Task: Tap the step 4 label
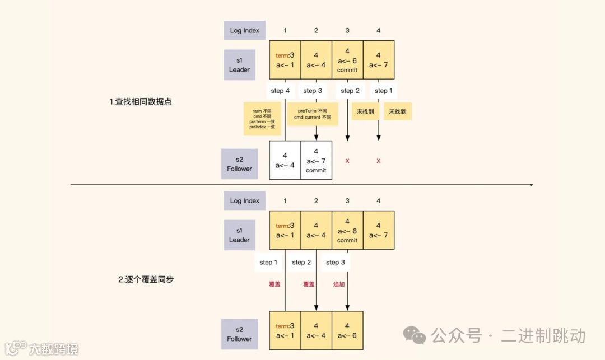(x=280, y=91)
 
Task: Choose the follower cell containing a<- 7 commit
(x=316, y=160)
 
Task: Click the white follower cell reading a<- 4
(x=285, y=160)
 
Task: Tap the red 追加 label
(x=339, y=284)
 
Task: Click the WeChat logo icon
(x=415, y=335)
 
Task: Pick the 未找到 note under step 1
(x=397, y=112)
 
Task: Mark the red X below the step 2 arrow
(x=347, y=161)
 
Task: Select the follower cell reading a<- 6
(x=347, y=330)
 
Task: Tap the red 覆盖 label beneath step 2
(x=309, y=284)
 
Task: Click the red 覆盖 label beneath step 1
(x=274, y=284)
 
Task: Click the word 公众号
(x=457, y=336)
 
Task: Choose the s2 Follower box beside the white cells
(x=240, y=164)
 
